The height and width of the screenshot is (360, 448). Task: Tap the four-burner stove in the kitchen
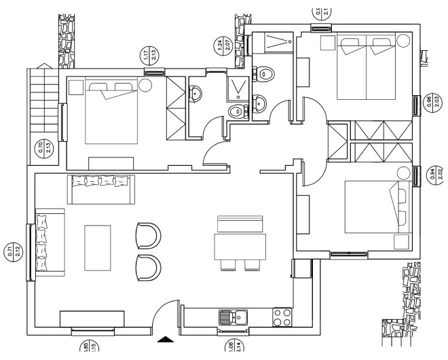tap(282, 317)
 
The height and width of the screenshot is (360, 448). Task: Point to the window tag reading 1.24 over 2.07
tap(220, 46)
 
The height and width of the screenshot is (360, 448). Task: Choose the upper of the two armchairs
tap(149, 235)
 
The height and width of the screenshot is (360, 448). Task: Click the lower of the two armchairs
tap(149, 266)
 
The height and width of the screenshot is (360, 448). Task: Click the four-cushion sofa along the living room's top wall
tap(101, 188)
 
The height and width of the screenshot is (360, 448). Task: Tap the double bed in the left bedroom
tap(111, 112)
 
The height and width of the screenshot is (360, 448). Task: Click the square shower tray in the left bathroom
tap(238, 86)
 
